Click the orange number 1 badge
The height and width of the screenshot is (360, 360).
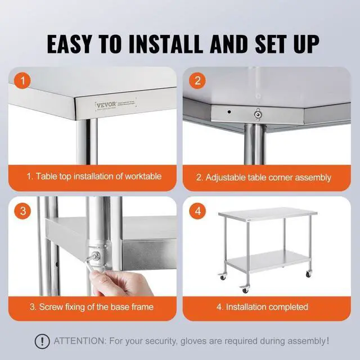22,80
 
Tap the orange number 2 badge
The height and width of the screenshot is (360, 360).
197,80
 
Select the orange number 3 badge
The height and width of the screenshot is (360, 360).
22,211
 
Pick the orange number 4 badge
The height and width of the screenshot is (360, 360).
197,211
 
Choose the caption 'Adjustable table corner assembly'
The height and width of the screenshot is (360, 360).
263,177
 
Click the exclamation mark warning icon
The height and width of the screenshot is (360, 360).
40,341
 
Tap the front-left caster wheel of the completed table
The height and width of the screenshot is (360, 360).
244,289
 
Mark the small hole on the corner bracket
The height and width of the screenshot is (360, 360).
229,112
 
